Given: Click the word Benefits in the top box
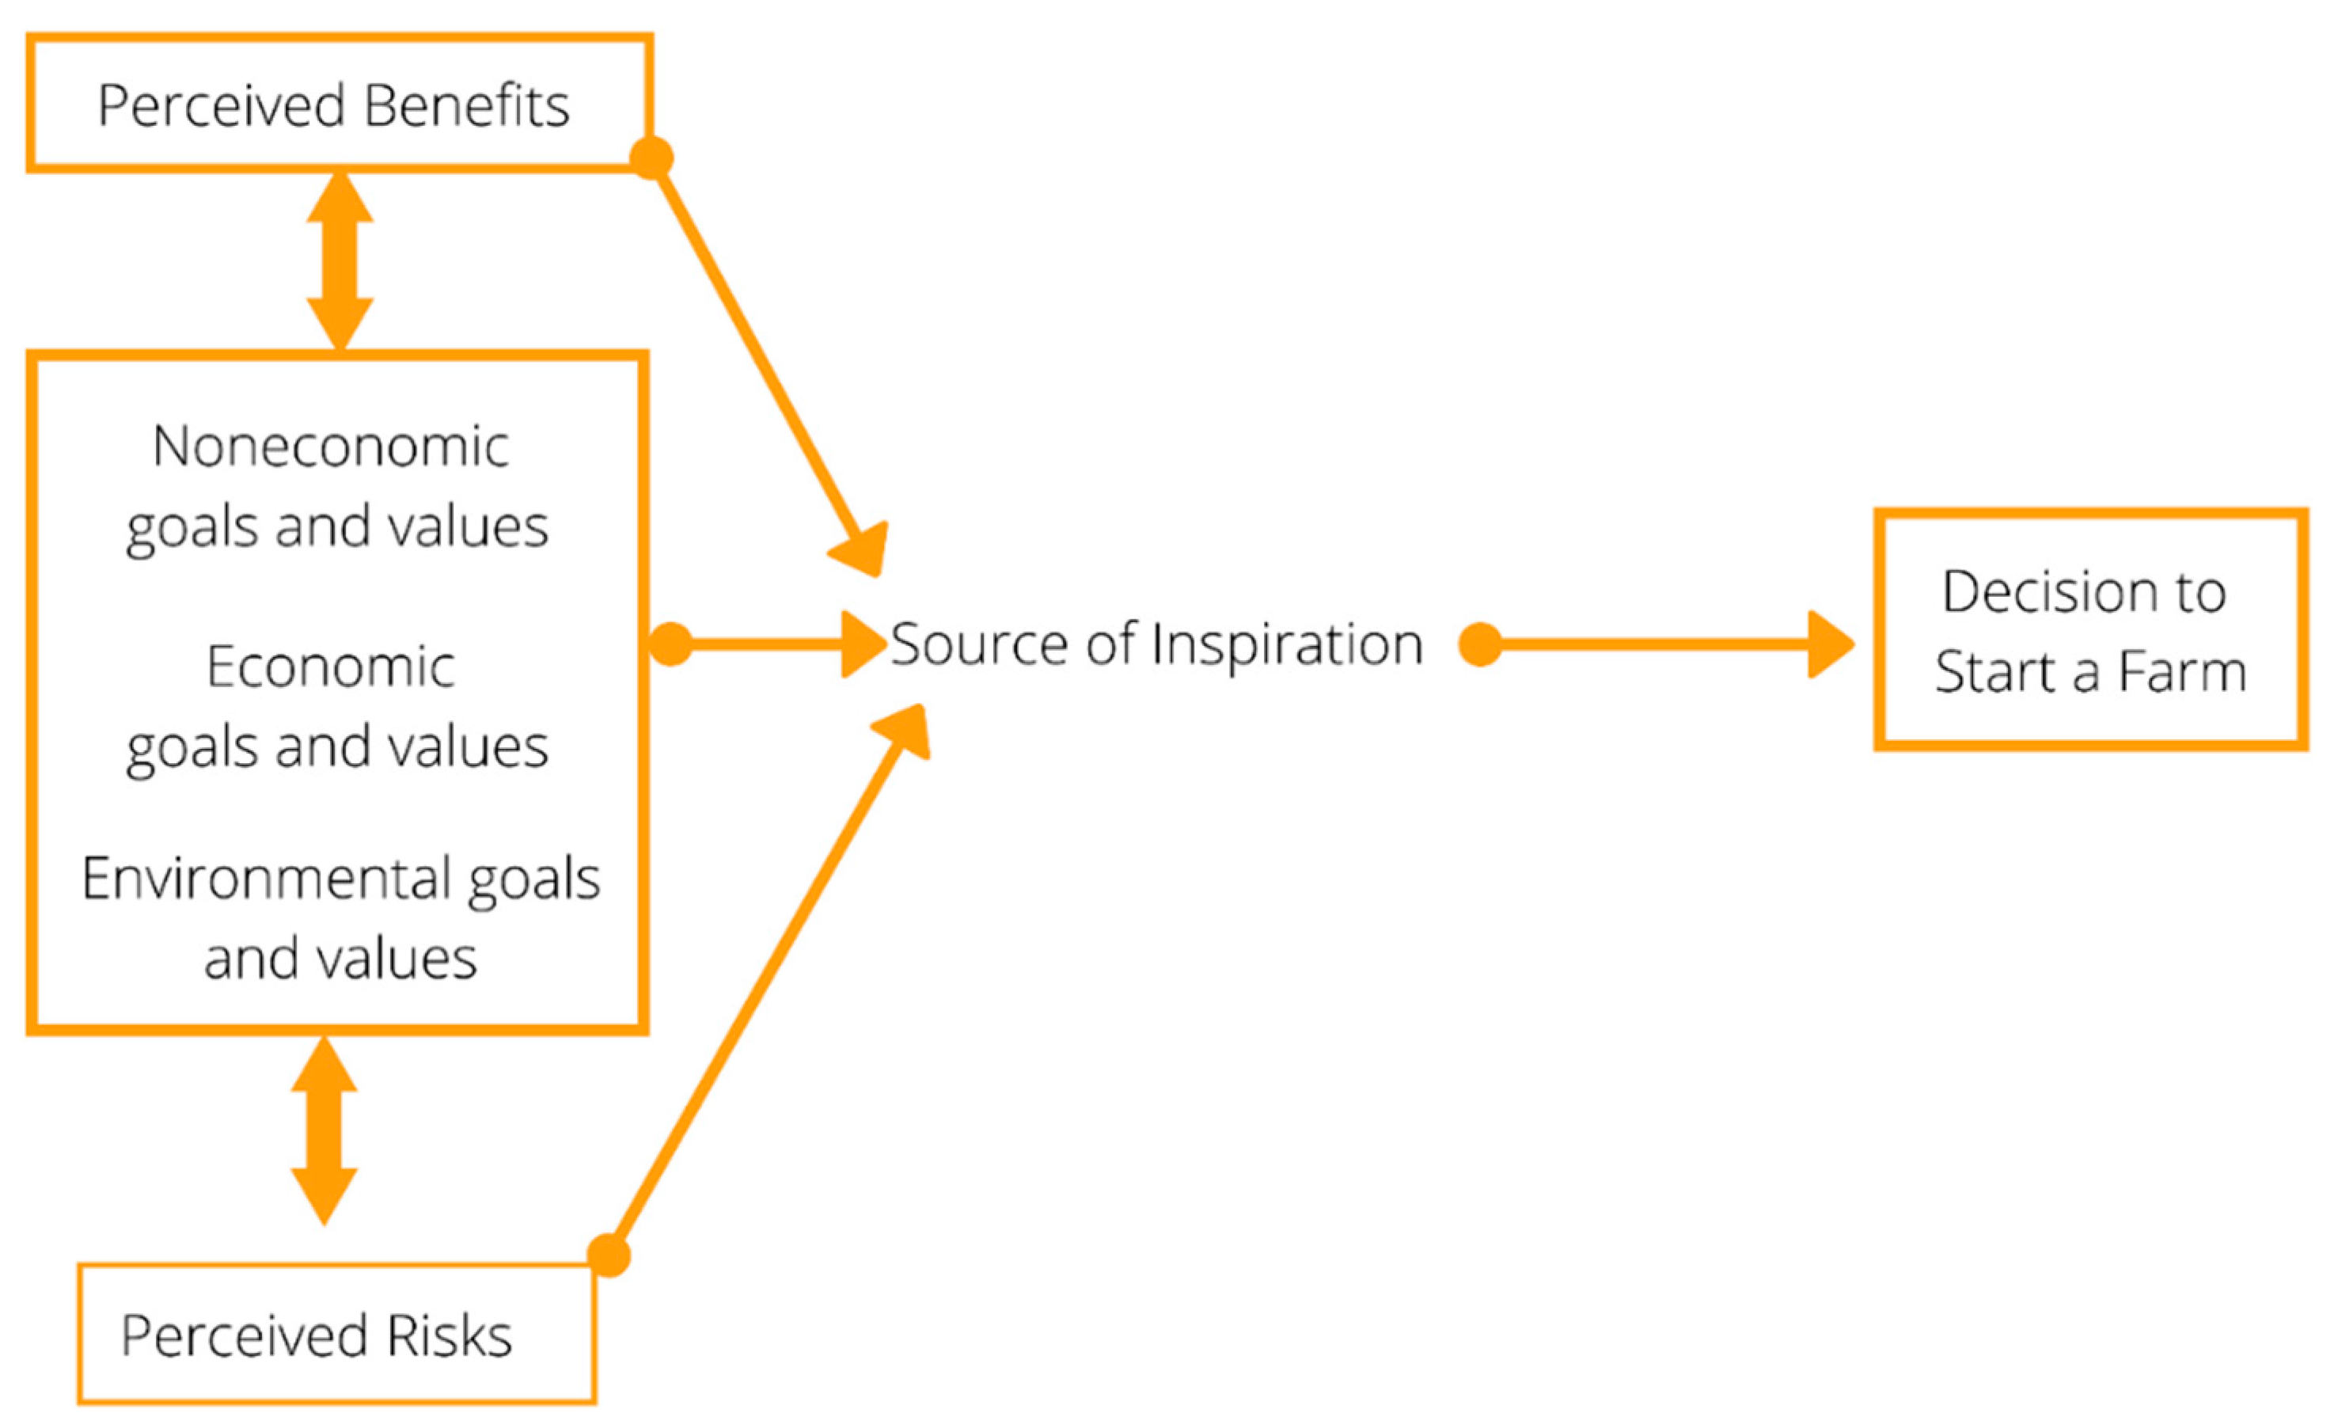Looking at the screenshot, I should pyautogui.click(x=466, y=105).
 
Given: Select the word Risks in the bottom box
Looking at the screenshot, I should pyautogui.click(x=450, y=1336).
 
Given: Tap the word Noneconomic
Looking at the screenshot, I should pyautogui.click(x=331, y=446).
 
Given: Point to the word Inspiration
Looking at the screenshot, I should pyautogui.click(x=1287, y=645).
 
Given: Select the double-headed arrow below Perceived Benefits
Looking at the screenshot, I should pyautogui.click(x=340, y=261).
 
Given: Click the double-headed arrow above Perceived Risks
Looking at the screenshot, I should pyautogui.click(x=324, y=1130).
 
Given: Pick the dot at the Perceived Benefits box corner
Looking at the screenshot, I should pyautogui.click(x=651, y=157).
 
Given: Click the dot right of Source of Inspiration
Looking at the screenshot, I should pyautogui.click(x=1480, y=645).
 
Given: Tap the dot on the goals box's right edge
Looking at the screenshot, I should pyautogui.click(x=670, y=645).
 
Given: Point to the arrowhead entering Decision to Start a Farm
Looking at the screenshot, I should pyautogui.click(x=1829, y=645).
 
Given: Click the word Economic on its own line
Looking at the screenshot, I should pyautogui.click(x=331, y=667).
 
